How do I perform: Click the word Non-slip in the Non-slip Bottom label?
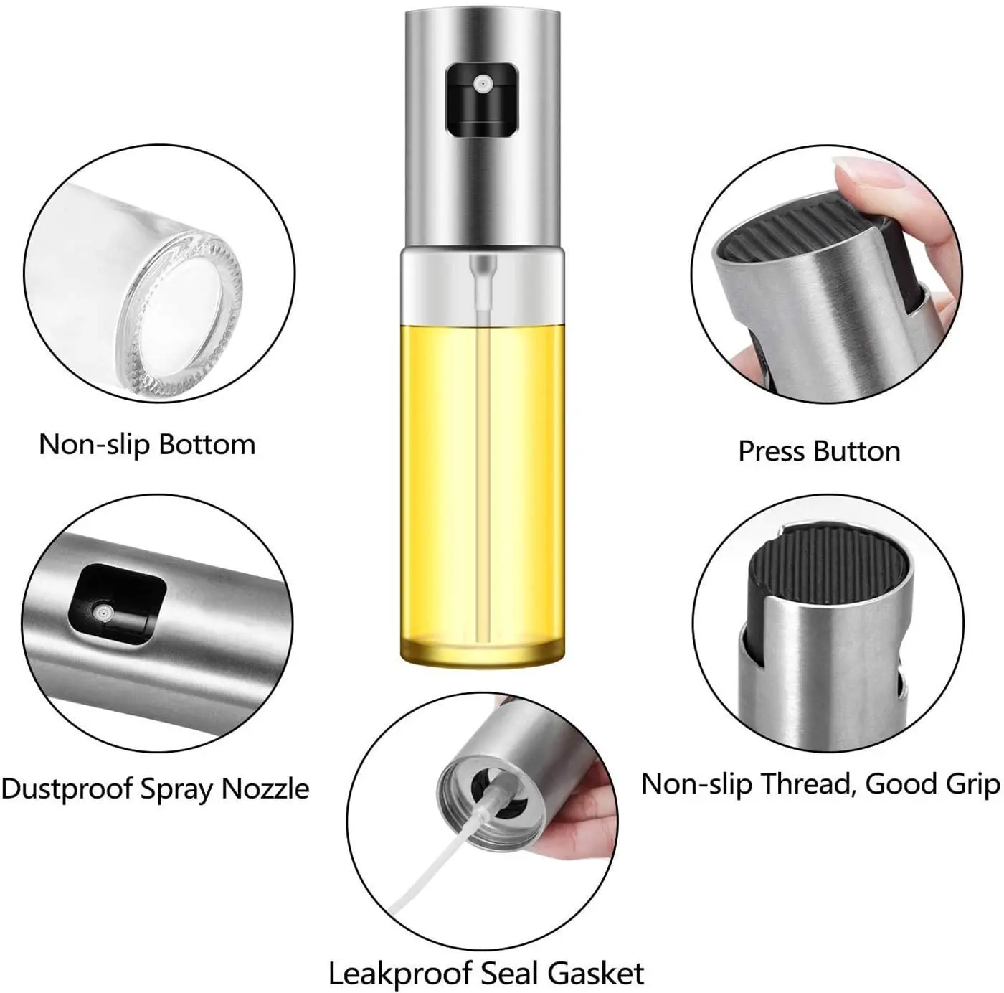(94, 444)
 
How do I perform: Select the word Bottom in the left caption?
(207, 444)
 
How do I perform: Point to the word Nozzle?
(265, 789)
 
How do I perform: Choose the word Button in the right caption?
(858, 451)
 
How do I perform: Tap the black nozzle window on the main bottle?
(481, 99)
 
